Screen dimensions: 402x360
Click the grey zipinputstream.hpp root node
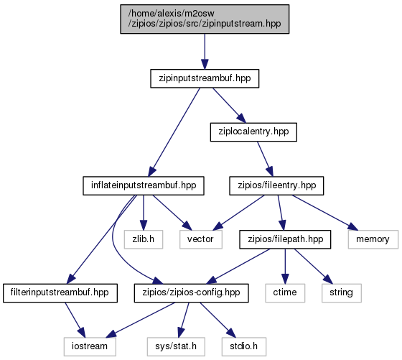(x=205, y=19)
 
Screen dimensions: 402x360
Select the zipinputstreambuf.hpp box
(x=205, y=78)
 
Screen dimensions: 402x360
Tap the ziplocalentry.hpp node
(x=253, y=132)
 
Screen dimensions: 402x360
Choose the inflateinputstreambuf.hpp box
(x=144, y=185)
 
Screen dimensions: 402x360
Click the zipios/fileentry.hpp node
(x=276, y=185)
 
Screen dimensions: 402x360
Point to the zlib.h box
(x=144, y=239)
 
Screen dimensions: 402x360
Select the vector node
(x=201, y=239)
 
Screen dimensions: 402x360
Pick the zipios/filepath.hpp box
(x=285, y=239)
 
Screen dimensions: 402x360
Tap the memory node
(x=373, y=239)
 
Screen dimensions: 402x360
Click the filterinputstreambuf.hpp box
(x=60, y=292)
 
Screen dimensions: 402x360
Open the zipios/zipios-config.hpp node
(x=191, y=292)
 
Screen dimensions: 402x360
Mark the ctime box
(x=285, y=292)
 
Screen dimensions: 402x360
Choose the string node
(x=342, y=292)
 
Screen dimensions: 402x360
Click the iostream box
(x=90, y=346)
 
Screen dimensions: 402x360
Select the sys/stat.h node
(x=176, y=346)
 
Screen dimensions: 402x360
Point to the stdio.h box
(x=244, y=346)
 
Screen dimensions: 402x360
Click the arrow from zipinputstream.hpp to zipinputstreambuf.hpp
(x=205, y=51)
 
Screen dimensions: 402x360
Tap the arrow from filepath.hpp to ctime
(x=285, y=266)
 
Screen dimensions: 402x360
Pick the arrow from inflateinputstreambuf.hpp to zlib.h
(x=144, y=213)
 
